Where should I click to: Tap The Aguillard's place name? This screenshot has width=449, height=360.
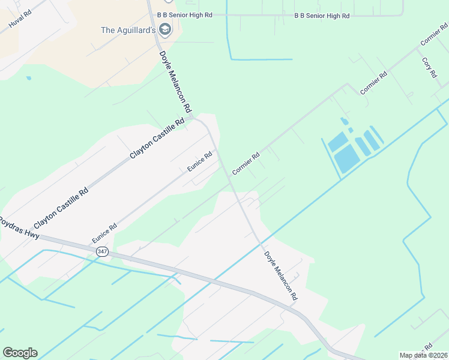pyautogui.click(x=128, y=29)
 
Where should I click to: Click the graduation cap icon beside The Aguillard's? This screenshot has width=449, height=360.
pyautogui.click(x=165, y=29)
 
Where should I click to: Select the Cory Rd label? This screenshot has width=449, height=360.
pyautogui.click(x=429, y=67)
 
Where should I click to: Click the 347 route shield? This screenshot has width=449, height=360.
pyautogui.click(x=101, y=253)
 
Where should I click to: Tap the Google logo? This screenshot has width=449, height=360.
pyautogui.click(x=20, y=352)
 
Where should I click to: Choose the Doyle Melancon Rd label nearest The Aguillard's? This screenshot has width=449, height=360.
pyautogui.click(x=175, y=81)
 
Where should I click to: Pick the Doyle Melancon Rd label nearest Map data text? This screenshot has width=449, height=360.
pyautogui.click(x=280, y=275)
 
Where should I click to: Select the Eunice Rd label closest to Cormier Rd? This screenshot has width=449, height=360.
pyautogui.click(x=200, y=161)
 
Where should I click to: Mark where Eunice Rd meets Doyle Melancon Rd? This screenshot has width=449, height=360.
pyautogui.click(x=217, y=148)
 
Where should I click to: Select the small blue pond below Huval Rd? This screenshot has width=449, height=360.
pyautogui.click(x=28, y=77)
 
